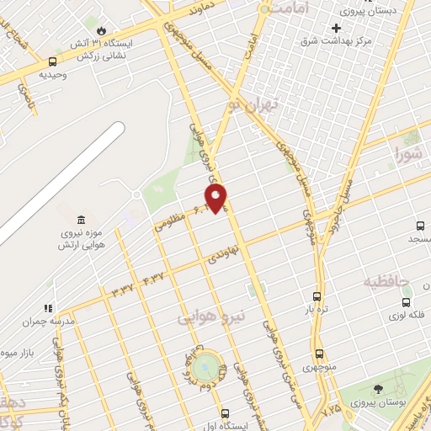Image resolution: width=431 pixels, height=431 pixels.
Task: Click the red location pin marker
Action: click(217, 198)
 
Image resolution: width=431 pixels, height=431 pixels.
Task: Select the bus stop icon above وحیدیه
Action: click(53, 61)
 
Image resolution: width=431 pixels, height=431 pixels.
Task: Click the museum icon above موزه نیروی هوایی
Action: click(80, 220)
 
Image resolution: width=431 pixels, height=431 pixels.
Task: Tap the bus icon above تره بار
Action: click(317, 296)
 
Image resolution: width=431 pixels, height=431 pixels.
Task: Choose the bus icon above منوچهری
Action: click(319, 354)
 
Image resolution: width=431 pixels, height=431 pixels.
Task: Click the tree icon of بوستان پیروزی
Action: click(376, 389)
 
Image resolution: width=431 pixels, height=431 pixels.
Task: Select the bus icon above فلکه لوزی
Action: click(407, 301)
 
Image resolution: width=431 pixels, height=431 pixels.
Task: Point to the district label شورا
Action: click(410, 155)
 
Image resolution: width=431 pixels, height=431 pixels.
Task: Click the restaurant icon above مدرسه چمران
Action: click(49, 309)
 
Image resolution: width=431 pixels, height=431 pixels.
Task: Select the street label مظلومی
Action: click(170, 221)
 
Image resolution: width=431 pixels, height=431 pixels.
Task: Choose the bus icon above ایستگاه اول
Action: click(225, 413)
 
